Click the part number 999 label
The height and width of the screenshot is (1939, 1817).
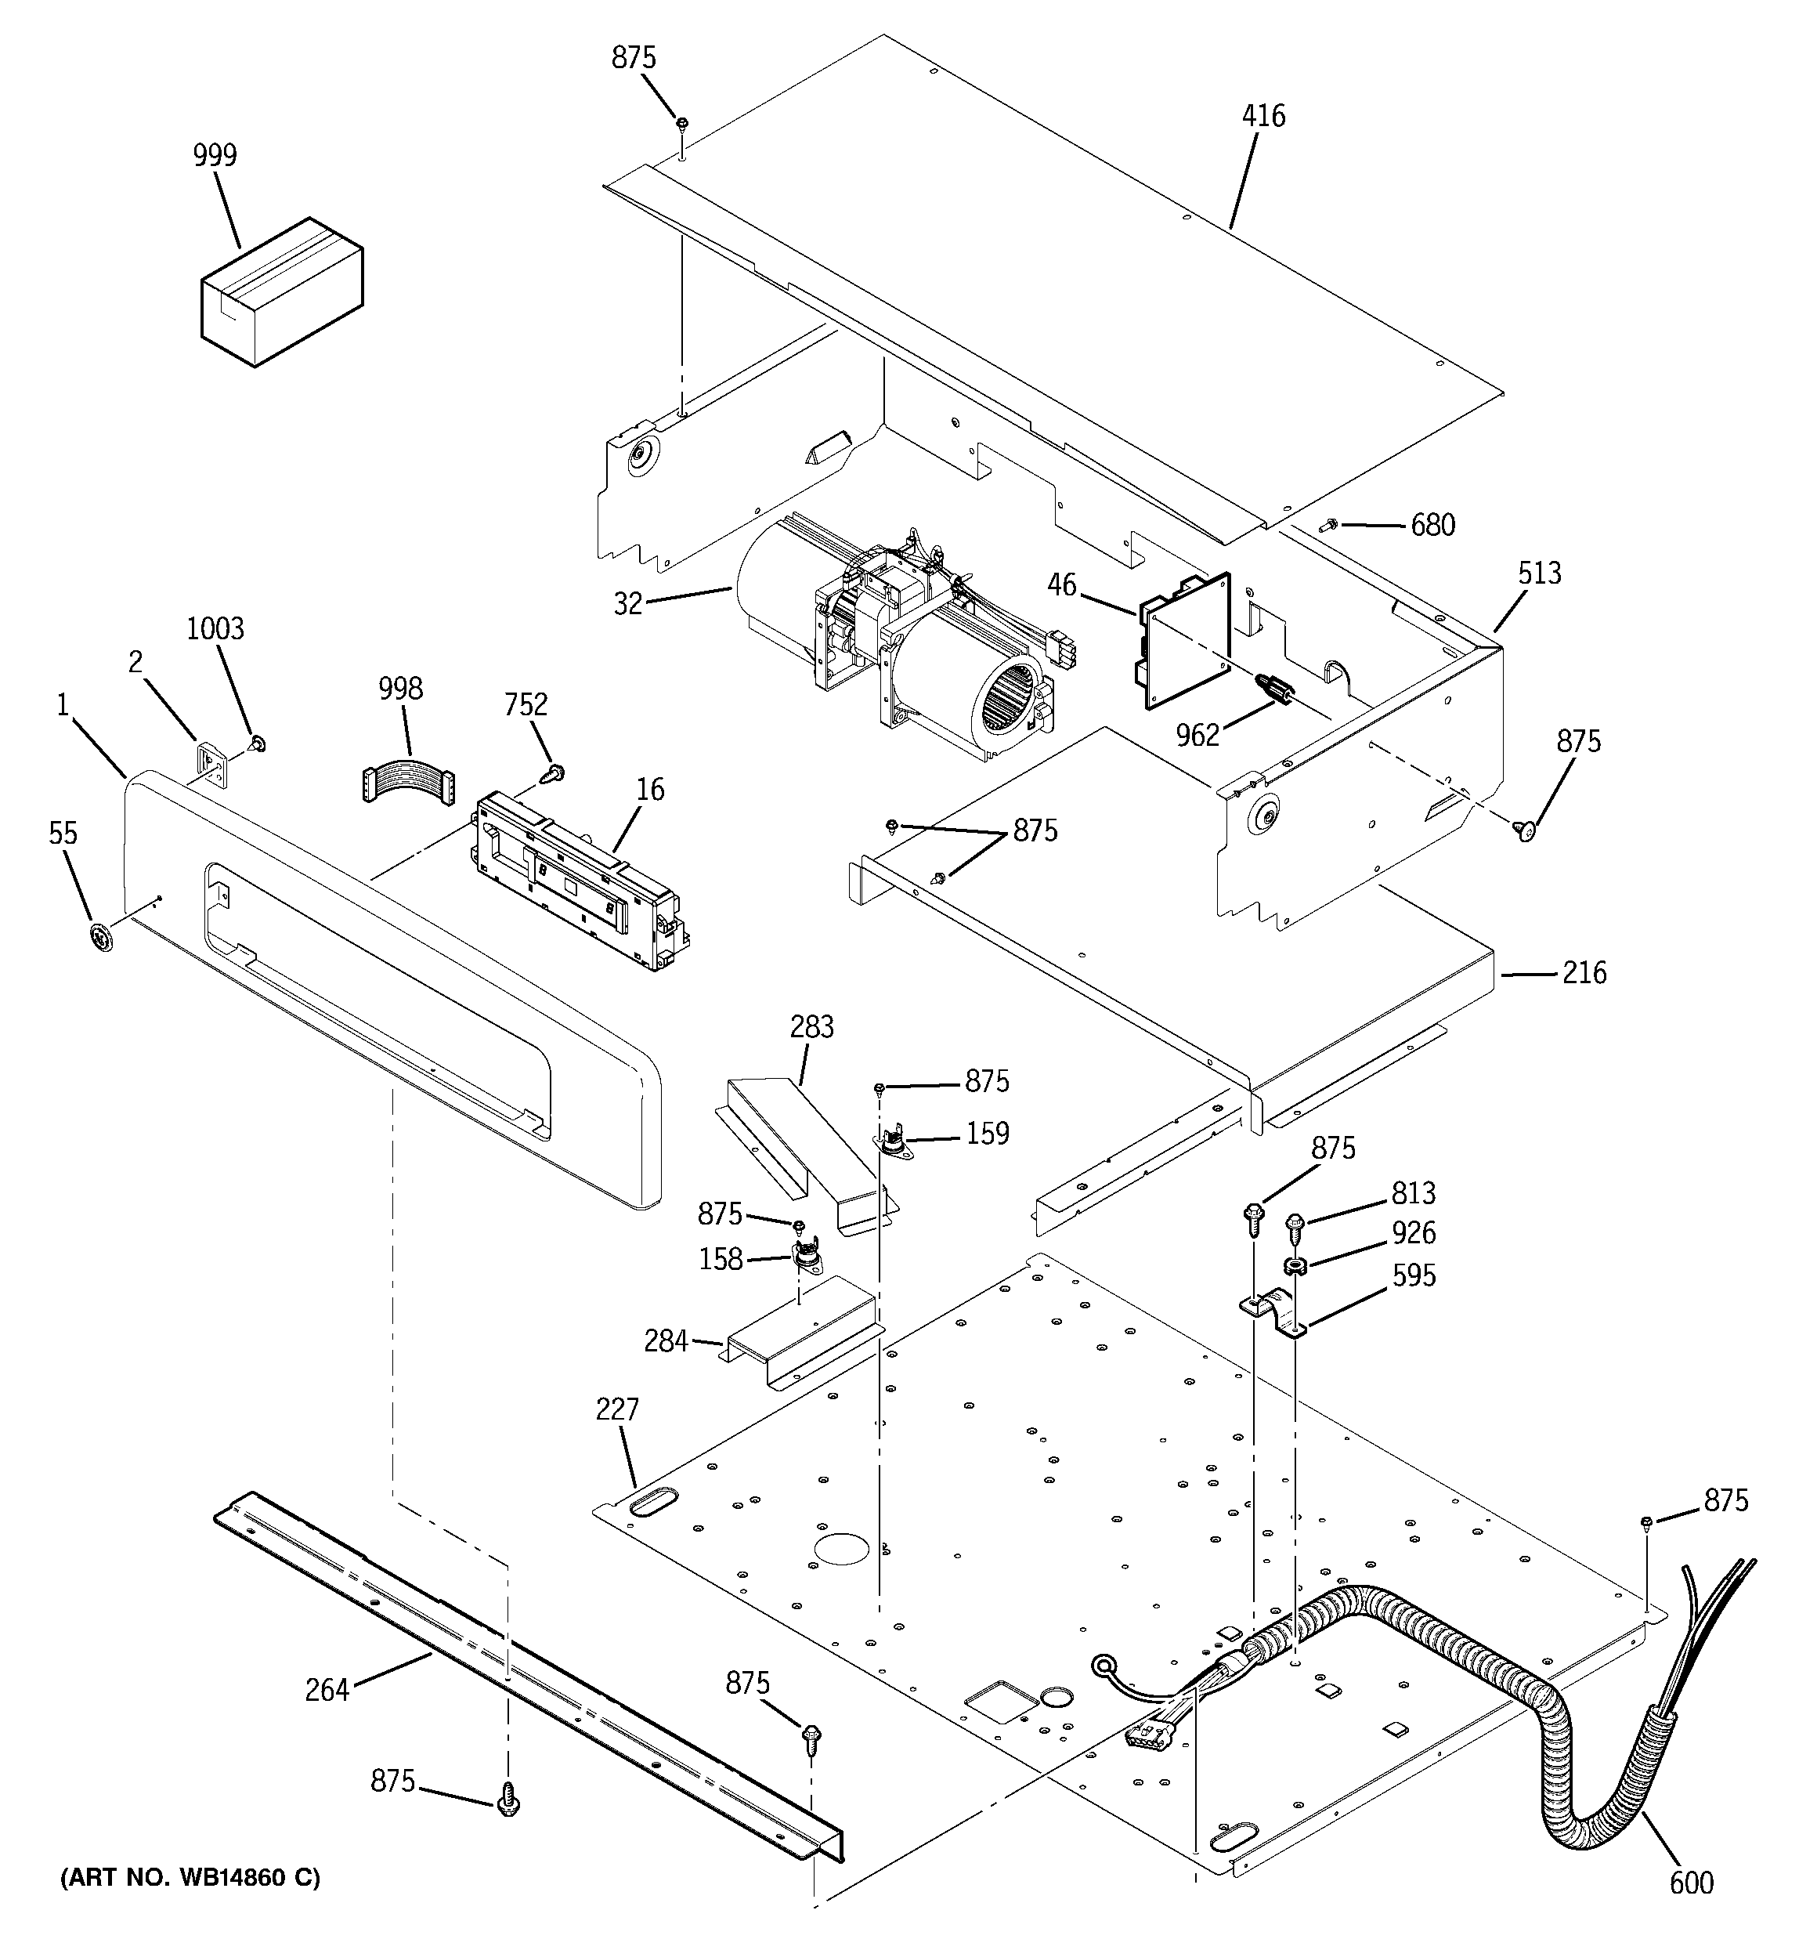click(x=215, y=155)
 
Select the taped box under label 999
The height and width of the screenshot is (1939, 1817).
click(x=282, y=292)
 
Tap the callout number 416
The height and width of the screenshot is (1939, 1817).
click(x=1263, y=116)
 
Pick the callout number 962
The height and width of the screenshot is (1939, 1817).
click(x=1197, y=736)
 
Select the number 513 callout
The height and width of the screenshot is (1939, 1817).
click(x=1539, y=573)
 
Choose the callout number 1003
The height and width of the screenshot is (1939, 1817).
click(x=215, y=628)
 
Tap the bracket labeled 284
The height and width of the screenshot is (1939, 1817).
click(x=800, y=1337)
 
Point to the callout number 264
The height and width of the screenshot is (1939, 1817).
click(x=327, y=1691)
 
